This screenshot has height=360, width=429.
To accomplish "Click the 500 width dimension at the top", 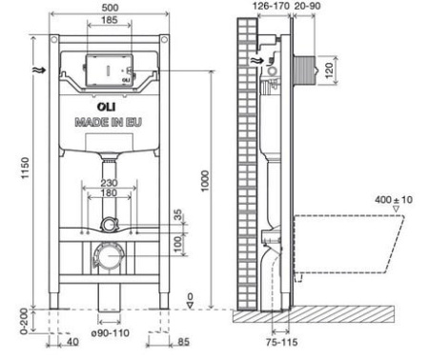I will click(x=109, y=8).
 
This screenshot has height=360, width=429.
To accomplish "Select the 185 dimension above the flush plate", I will click(x=109, y=20).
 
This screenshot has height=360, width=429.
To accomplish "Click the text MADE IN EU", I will click(x=109, y=123).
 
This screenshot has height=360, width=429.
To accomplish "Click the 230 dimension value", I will click(x=110, y=185).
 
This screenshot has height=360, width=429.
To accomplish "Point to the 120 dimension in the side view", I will click(x=329, y=70).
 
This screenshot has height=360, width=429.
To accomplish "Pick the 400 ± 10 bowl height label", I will click(x=388, y=202).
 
